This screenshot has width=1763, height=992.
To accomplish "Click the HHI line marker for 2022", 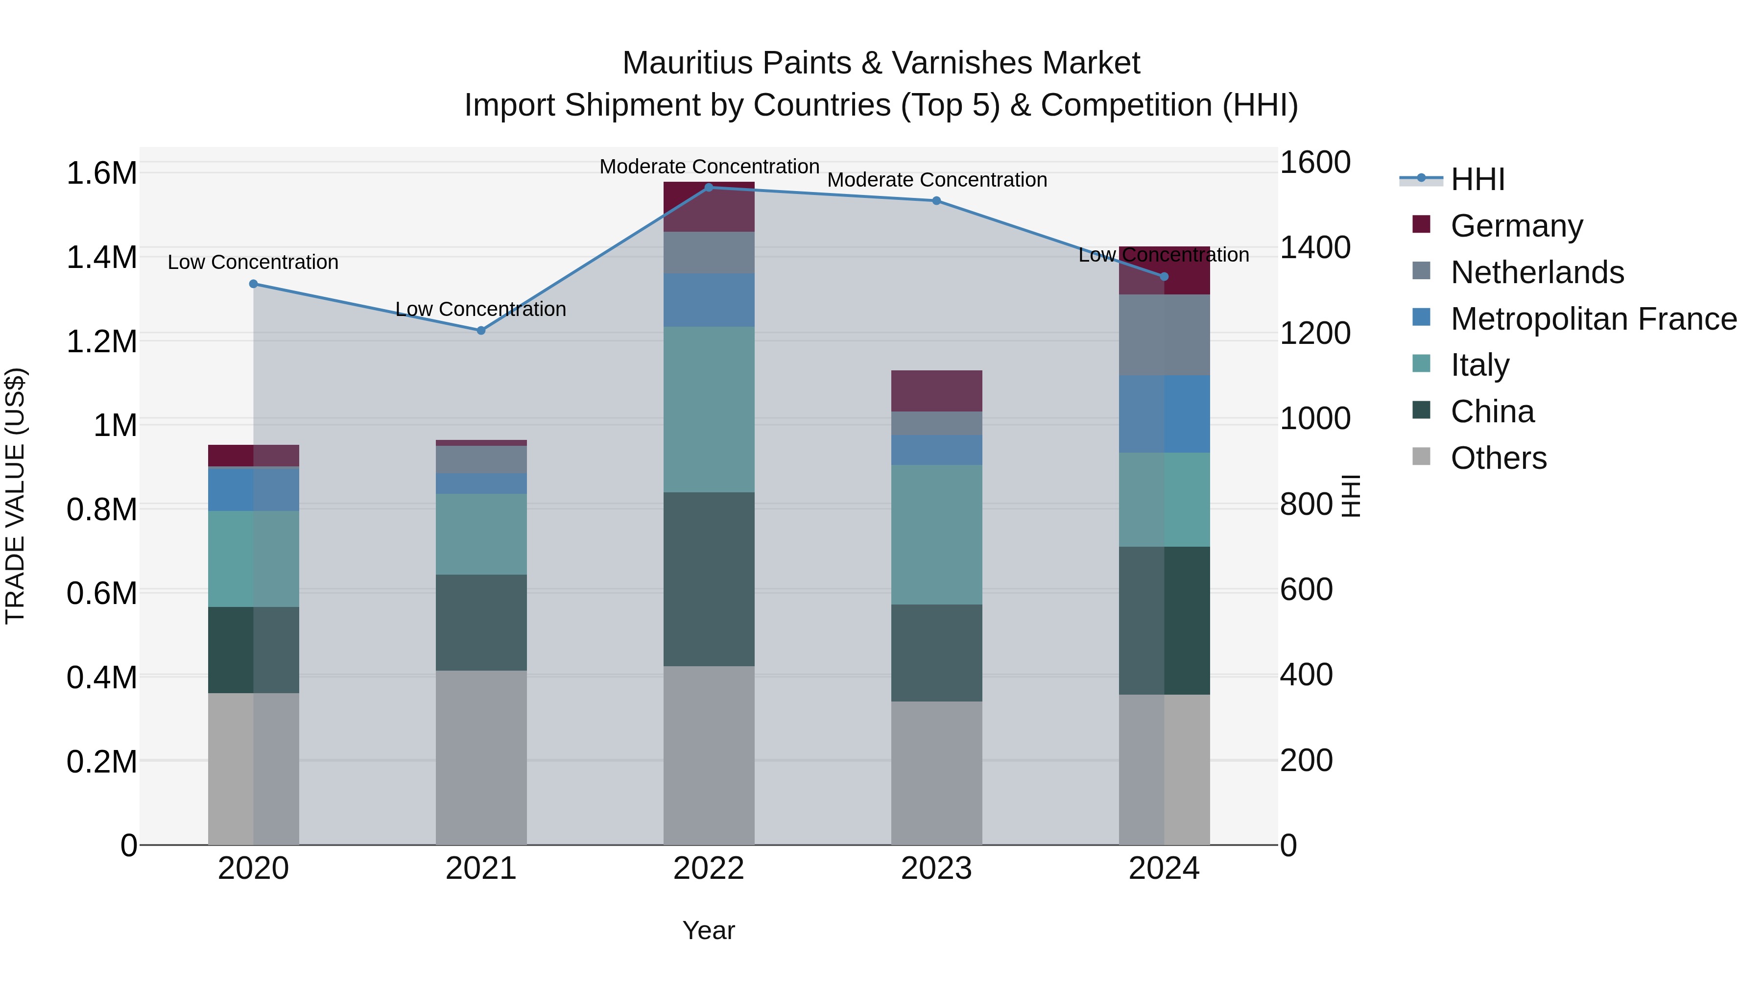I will point(708,188).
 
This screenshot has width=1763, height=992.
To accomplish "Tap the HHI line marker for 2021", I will point(480,331).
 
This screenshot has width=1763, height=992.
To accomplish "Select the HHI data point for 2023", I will point(936,200).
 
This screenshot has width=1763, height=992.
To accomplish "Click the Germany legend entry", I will point(1516,226).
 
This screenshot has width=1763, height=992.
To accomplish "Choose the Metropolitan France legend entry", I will point(1593,319).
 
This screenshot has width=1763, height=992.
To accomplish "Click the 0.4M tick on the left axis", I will point(101,678).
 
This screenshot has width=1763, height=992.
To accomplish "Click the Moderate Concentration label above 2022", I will point(709,167).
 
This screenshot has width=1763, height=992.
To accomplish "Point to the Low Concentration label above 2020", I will point(253,262).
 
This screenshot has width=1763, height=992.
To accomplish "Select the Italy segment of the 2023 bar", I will point(936,534).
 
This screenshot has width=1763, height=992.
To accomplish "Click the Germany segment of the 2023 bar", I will point(936,390).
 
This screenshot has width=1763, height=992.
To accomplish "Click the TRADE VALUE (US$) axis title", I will point(15,496).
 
